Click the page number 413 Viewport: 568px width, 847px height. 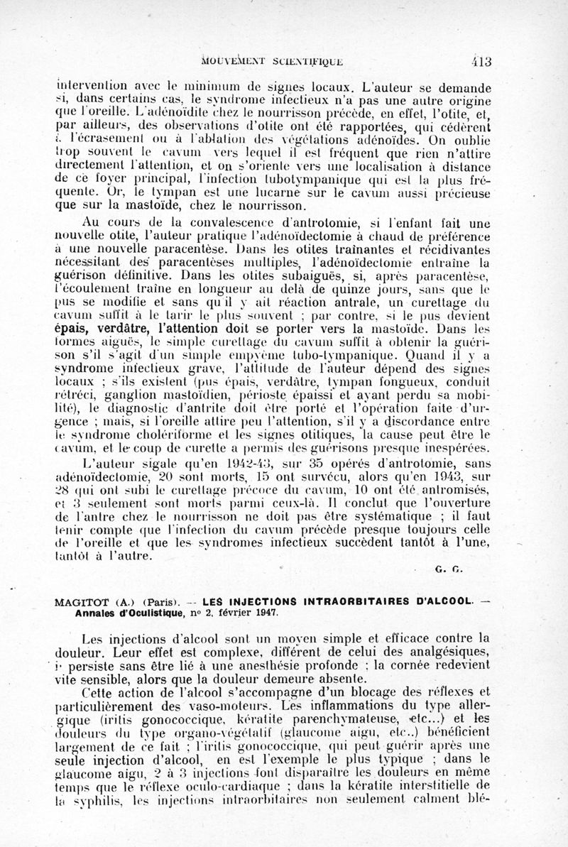pyautogui.click(x=480, y=60)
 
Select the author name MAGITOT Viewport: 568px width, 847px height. pyautogui.click(x=80, y=602)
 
